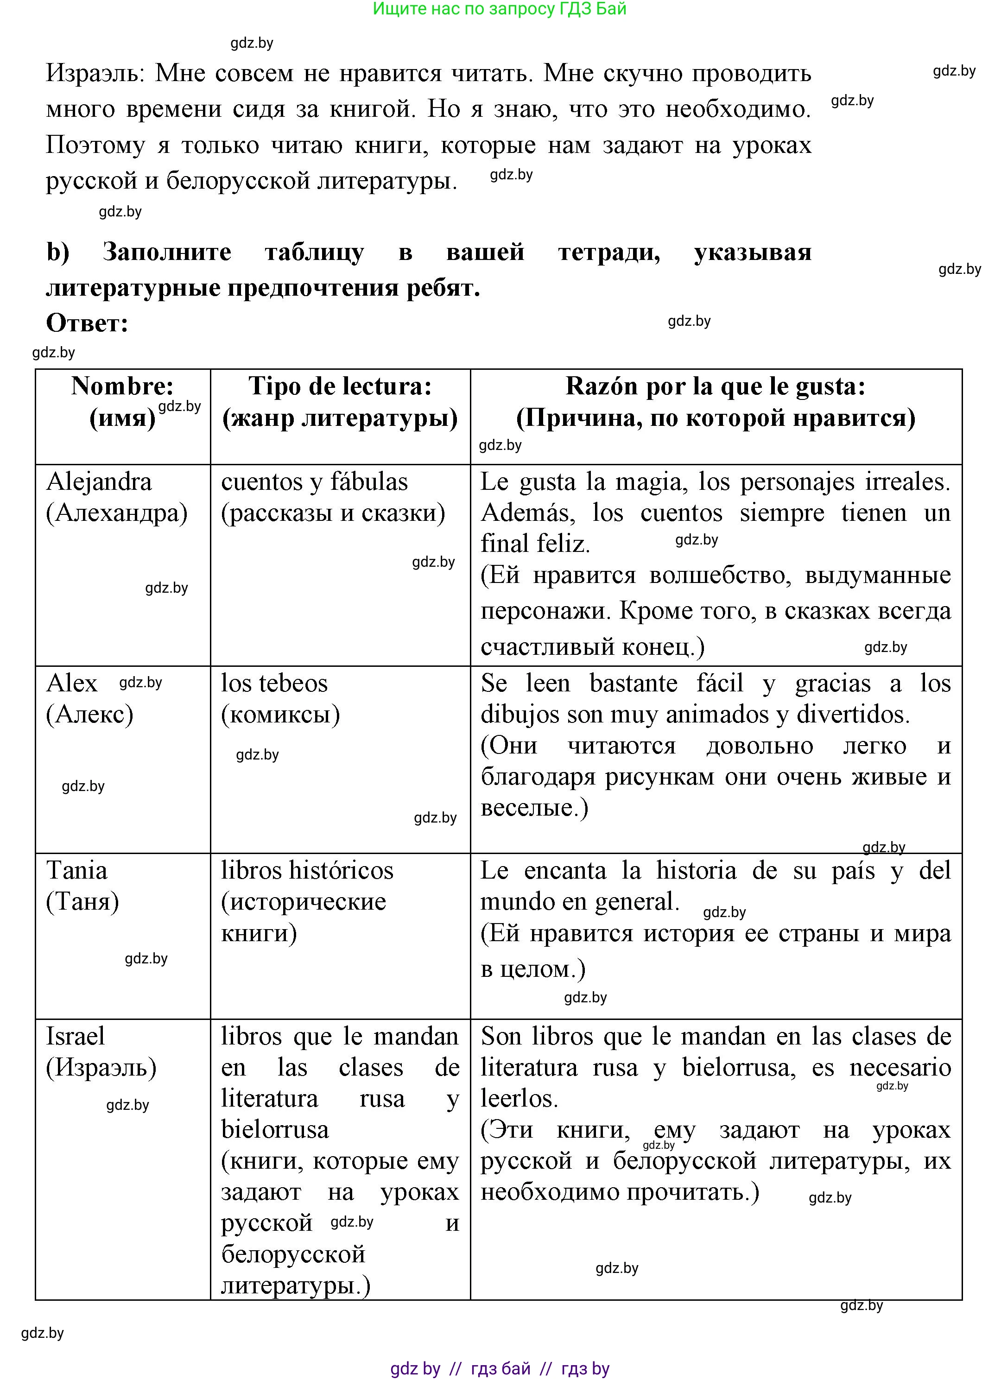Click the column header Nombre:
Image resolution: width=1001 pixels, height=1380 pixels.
tap(122, 386)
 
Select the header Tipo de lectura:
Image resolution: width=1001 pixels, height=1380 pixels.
tap(340, 386)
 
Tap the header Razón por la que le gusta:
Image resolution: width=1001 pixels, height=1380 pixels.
tap(715, 386)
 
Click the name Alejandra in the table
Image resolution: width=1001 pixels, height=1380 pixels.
tap(99, 482)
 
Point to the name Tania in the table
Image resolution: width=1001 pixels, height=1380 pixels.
tap(76, 871)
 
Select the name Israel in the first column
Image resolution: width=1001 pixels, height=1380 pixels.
tap(76, 1036)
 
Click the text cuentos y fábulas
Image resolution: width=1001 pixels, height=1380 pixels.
tap(314, 482)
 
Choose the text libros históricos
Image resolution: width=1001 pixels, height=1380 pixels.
tap(307, 871)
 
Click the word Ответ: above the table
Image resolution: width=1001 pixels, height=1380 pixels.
tap(87, 323)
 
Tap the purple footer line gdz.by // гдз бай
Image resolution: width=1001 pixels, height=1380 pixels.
tap(499, 1368)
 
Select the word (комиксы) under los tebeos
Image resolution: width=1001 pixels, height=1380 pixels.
tap(280, 715)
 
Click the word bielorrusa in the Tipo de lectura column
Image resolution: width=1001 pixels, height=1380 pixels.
tap(274, 1130)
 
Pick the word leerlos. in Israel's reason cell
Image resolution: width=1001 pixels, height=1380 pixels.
tap(519, 1099)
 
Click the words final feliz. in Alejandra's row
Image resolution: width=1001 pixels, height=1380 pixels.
tap(535, 544)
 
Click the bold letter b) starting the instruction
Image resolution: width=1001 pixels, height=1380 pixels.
tap(58, 252)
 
